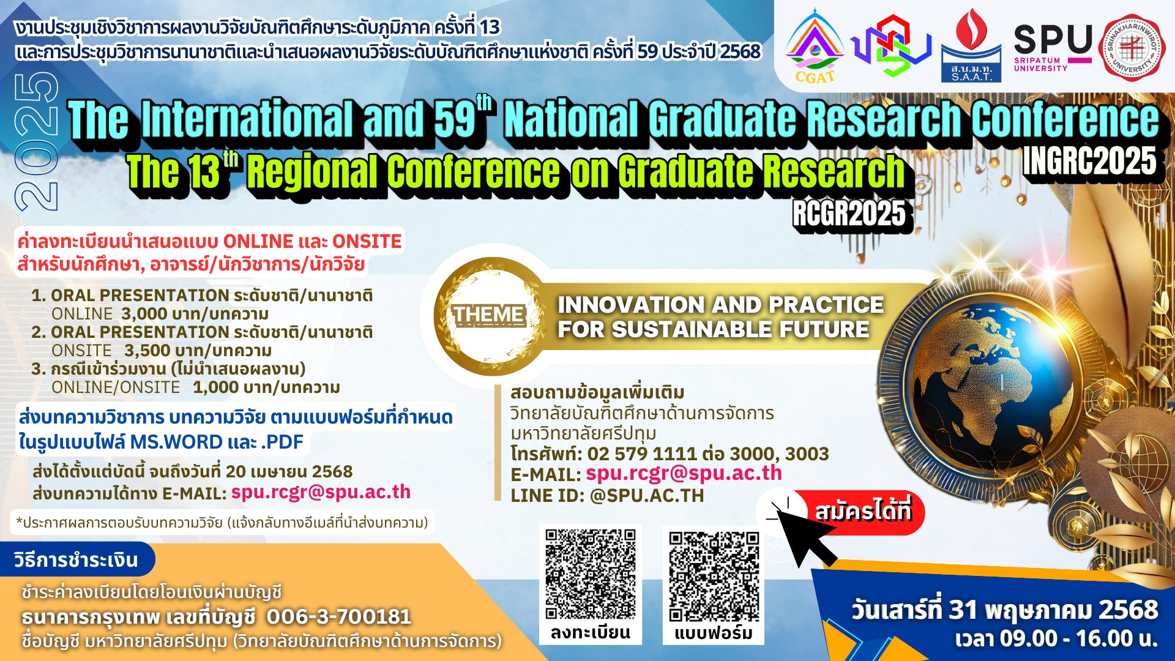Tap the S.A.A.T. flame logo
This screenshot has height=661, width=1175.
971,46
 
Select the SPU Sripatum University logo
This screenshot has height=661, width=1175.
1053,47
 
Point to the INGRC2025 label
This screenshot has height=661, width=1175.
1089,162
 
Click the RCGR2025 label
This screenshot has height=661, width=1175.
849,214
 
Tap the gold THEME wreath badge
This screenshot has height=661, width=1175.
489,316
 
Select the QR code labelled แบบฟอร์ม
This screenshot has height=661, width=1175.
714,576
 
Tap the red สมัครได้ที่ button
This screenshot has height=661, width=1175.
863,512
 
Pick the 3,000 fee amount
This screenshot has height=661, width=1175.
144,314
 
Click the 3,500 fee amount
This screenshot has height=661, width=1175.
147,351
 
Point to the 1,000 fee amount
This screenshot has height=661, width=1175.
215,387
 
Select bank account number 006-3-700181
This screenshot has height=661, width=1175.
338,616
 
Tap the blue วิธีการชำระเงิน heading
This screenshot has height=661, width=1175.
76,559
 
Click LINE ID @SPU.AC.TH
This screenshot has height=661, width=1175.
607,495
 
